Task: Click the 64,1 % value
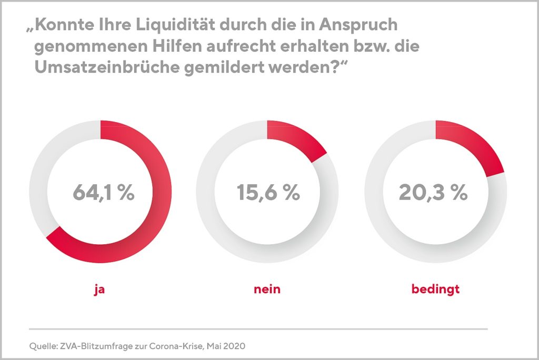pyautogui.click(x=103, y=193)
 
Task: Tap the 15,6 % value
pyautogui.click(x=268, y=193)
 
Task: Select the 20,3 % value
pyautogui.click(x=433, y=193)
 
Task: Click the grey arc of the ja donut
pyautogui.click(x=42, y=174)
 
